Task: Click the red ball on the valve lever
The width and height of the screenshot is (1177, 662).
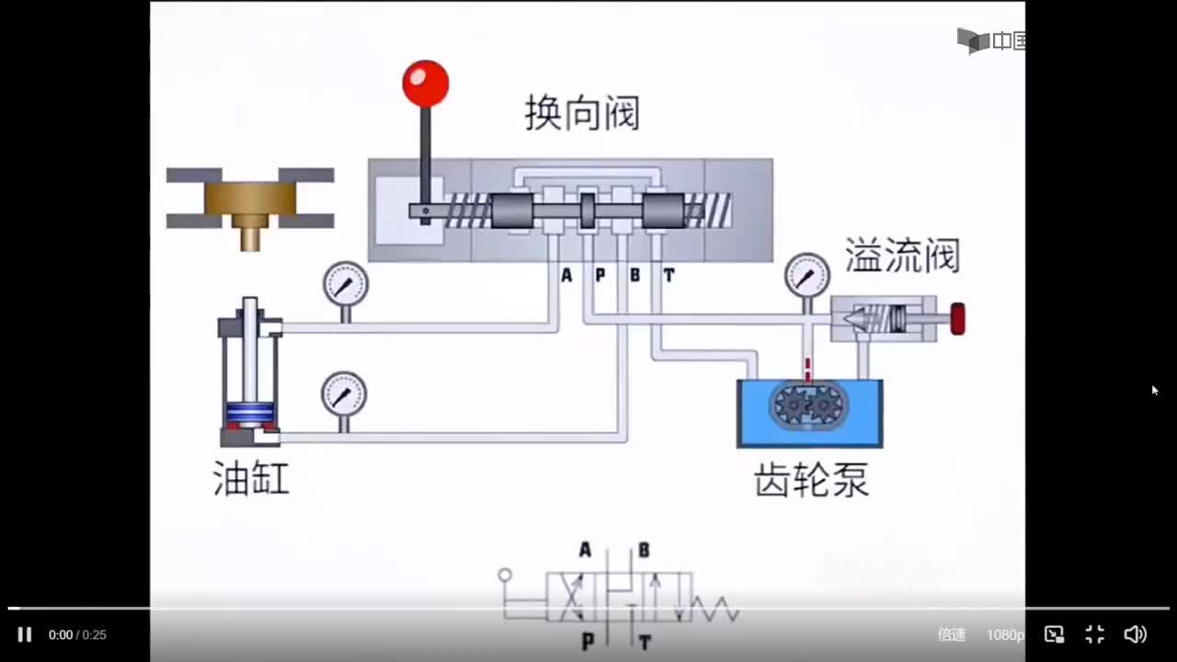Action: click(x=425, y=83)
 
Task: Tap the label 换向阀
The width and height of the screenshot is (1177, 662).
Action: click(x=582, y=114)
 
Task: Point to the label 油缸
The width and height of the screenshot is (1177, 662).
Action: click(x=251, y=479)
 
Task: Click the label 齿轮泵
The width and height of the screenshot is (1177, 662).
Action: click(x=811, y=480)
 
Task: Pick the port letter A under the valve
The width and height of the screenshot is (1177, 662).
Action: click(x=566, y=275)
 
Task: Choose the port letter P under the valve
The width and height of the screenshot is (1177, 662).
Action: click(x=600, y=275)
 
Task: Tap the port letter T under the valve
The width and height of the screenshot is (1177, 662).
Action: click(x=668, y=275)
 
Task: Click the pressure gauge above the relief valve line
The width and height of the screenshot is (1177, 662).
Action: click(x=807, y=275)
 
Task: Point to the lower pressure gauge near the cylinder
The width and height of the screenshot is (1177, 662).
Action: click(x=344, y=394)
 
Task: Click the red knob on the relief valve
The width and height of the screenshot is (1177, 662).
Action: click(x=957, y=319)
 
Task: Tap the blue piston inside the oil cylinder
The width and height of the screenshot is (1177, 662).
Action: click(x=250, y=413)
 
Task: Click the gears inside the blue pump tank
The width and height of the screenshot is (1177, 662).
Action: click(x=810, y=405)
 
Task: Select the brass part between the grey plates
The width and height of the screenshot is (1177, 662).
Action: click(x=250, y=203)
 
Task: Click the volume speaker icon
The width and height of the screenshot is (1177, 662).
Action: click(x=1135, y=634)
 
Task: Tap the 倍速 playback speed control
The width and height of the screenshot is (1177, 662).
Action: click(x=952, y=634)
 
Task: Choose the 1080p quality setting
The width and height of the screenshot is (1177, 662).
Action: click(x=1005, y=634)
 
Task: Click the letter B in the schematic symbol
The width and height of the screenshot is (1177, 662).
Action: click(x=644, y=551)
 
